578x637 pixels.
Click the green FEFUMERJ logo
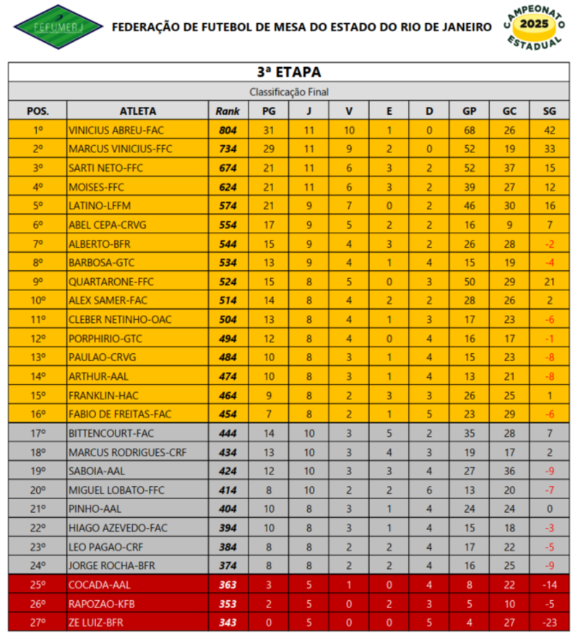pyautogui.click(x=48, y=27)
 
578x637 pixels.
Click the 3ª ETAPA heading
pyautogui.click(x=288, y=72)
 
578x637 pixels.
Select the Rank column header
pyautogui.click(x=228, y=111)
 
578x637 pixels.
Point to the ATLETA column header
pyautogui.click(x=137, y=111)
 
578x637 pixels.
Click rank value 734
pyautogui.click(x=228, y=149)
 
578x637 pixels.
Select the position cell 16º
pyautogui.click(x=38, y=414)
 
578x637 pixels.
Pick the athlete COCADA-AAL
pyautogui.click(x=100, y=584)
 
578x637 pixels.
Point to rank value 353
pyautogui.click(x=228, y=603)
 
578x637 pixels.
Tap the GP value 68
pyautogui.click(x=469, y=130)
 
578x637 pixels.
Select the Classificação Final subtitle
pyautogui.click(x=288, y=92)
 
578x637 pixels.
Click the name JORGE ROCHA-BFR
pyautogui.click(x=111, y=565)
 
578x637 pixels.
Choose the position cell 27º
pyautogui.click(x=38, y=622)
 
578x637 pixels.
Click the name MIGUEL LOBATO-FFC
pyautogui.click(x=116, y=490)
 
